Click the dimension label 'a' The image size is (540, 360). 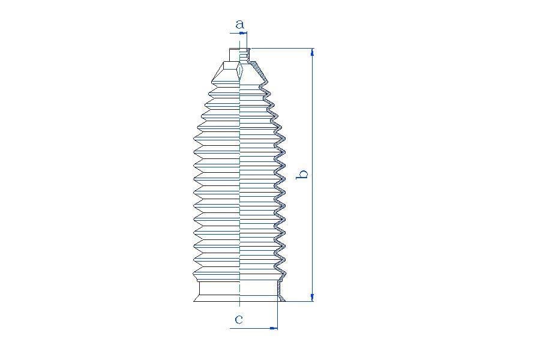coord(239,25)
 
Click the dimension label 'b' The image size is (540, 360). coord(303,175)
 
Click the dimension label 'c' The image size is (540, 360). coord(239,319)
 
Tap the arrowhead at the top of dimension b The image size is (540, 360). coord(313,52)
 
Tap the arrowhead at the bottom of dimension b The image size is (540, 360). coord(313,298)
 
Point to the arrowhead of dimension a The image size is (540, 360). coord(244,33)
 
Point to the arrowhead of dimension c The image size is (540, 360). coord(274,328)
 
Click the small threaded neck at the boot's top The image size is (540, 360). coord(239,55)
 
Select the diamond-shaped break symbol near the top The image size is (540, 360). coord(240,71)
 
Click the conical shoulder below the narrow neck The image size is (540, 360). coord(239,73)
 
